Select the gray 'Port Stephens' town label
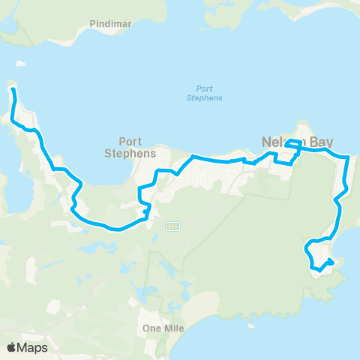[x=136, y=146]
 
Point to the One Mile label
[x=162, y=328]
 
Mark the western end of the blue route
[x=13, y=90]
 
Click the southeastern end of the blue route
[x=331, y=262]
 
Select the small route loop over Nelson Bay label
[x=294, y=142]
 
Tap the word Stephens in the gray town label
[x=136, y=152]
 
